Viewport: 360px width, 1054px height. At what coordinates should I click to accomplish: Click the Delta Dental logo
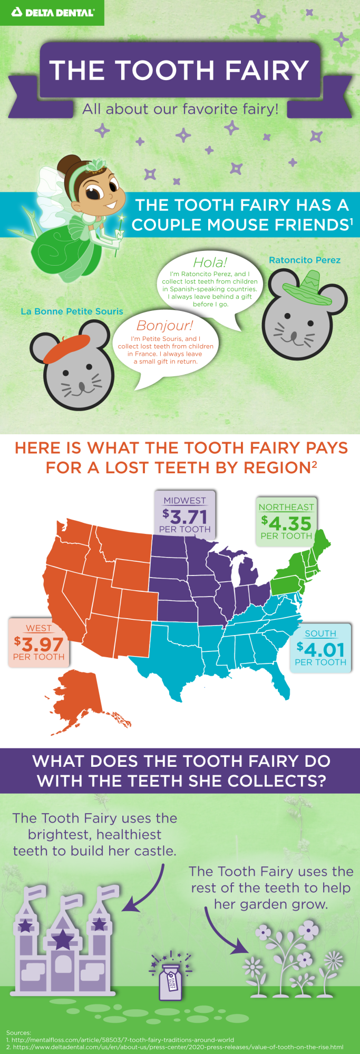tap(52, 12)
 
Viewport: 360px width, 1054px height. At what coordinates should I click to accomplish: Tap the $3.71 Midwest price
tap(185, 516)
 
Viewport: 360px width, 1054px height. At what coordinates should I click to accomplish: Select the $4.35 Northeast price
tap(286, 523)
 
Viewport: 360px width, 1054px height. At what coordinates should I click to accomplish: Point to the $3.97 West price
tap(38, 644)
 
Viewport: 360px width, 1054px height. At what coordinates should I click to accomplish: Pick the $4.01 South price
tap(320, 649)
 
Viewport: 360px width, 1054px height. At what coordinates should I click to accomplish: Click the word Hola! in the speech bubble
tap(210, 262)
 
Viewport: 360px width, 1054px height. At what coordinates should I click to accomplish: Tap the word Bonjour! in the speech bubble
tap(165, 325)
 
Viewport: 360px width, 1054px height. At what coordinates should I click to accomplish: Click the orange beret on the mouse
tap(65, 348)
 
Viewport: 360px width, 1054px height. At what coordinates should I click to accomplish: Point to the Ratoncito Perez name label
tap(305, 260)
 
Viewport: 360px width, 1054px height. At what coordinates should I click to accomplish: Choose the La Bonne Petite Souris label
tap(72, 311)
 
